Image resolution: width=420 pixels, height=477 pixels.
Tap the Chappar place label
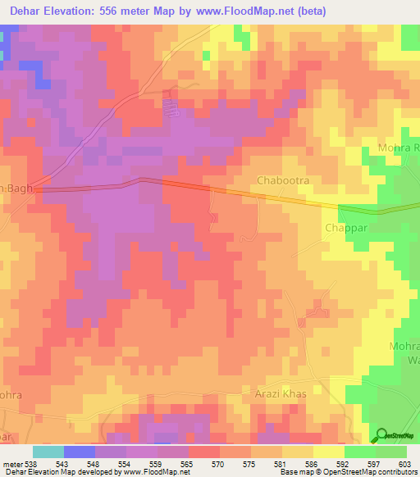[344, 229]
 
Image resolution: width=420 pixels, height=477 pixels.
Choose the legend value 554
[126, 463]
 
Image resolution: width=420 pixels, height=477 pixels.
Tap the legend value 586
[313, 463]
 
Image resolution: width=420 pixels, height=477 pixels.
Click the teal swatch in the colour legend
[48, 452]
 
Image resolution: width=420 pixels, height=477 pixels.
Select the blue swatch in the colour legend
[80, 452]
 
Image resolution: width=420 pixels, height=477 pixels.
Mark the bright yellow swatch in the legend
[328, 452]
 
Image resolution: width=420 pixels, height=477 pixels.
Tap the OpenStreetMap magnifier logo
[382, 436]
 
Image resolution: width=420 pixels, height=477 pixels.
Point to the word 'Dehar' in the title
[30, 11]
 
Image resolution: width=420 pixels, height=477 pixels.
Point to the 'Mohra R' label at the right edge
[399, 148]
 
